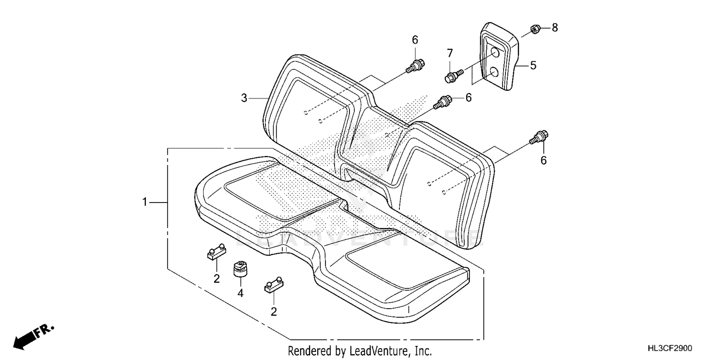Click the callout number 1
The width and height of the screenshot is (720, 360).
(144, 203)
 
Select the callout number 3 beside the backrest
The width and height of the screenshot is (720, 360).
(244, 98)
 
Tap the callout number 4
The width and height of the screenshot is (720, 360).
(240, 292)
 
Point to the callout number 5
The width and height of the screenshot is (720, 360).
(533, 65)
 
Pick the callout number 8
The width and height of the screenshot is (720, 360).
(555, 27)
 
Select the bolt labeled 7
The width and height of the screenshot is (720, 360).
(453, 75)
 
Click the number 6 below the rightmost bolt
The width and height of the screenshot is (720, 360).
(543, 161)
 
